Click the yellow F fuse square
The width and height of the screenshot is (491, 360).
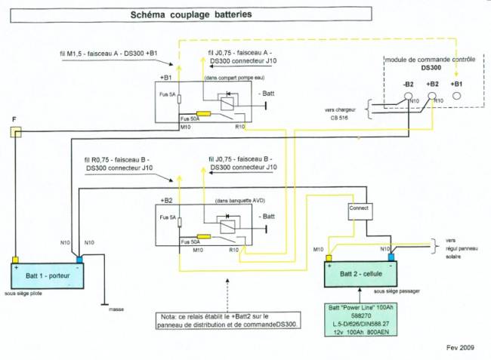pos(15,133)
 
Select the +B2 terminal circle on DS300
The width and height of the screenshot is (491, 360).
pos(433,97)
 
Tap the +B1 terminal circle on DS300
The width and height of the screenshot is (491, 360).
pos(457,97)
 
